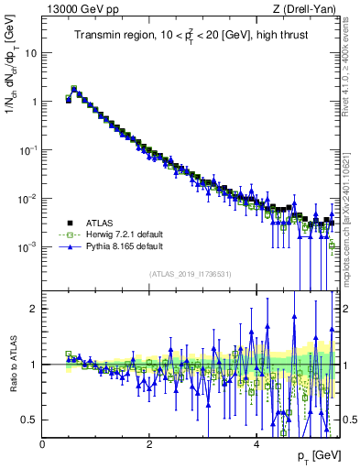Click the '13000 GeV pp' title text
click(75, 9)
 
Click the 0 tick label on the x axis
click(43, 444)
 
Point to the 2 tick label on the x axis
click(149, 444)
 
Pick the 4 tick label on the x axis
click(256, 444)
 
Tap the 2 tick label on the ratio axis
click(34, 309)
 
